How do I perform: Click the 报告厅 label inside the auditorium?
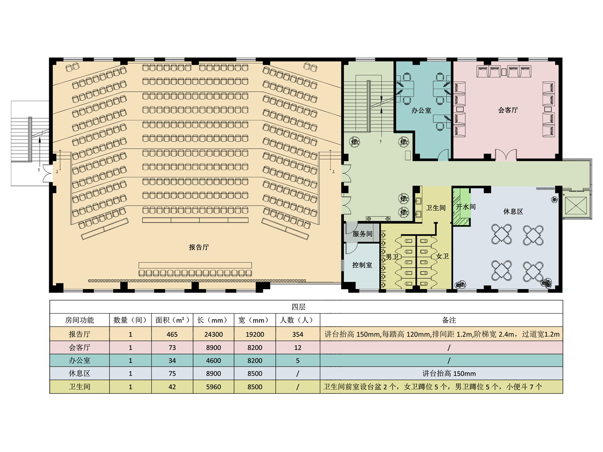[199, 247]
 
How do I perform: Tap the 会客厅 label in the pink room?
[508, 110]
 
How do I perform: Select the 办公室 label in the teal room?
[421, 110]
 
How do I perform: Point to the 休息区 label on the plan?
[513, 212]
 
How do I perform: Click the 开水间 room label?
[465, 207]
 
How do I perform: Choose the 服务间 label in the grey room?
[362, 234]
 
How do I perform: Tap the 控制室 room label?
[362, 265]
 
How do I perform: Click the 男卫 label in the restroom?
[392, 257]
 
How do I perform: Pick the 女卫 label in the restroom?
[442, 256]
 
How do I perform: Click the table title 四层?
[299, 307]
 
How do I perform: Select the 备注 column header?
[449, 320]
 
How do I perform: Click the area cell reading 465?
[172, 334]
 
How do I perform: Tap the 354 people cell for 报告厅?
[298, 334]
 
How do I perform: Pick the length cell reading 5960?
[214, 386]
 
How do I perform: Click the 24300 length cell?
[214, 334]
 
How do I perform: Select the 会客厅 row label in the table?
[80, 348]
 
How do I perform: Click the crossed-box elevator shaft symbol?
[576, 206]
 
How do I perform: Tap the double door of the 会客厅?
[506, 155]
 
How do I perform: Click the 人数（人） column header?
[298, 320]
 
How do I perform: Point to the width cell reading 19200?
[255, 334]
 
